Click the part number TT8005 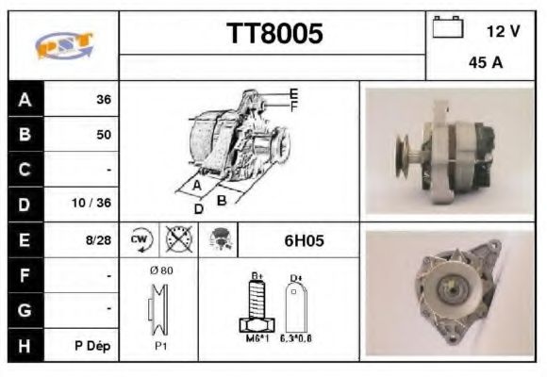click(x=274, y=34)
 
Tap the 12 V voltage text click(x=503, y=31)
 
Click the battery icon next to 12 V click(x=445, y=29)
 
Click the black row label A click(x=25, y=99)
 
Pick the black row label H click(x=25, y=345)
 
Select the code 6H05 click(x=304, y=240)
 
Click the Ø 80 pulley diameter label click(x=160, y=270)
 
